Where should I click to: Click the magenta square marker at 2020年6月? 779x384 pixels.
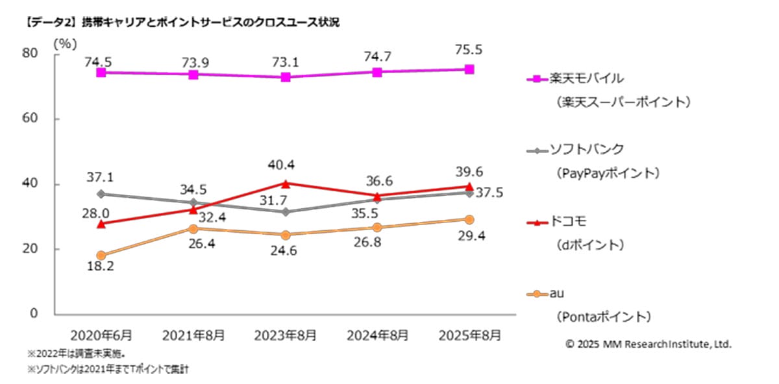pos(101,73)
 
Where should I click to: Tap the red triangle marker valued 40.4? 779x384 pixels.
pos(285,183)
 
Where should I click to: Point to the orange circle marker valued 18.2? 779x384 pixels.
pos(101,256)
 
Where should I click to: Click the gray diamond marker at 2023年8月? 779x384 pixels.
pos(285,212)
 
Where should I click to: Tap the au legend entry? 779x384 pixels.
pos(556,293)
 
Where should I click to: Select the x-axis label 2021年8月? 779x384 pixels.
pos(193,335)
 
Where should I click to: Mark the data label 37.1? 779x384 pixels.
pos(101,177)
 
